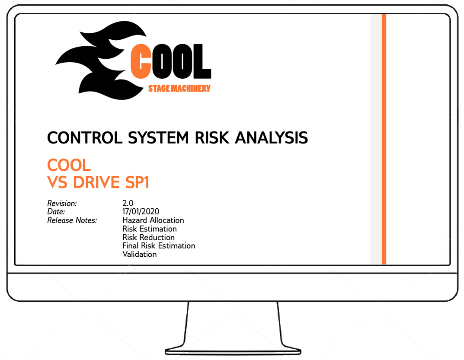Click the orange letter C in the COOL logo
141,61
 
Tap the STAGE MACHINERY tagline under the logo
179,89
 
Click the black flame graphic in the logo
101,61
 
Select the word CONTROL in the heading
85,138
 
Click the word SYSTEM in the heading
158,138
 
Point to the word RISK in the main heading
212,138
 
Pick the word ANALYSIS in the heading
272,138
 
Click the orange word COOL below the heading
69,165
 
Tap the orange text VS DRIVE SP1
98,182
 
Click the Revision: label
62,204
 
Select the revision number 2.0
128,203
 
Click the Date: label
56,212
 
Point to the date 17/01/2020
141,212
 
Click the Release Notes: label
72,220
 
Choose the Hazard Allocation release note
153,220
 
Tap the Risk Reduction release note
149,238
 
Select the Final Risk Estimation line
159,246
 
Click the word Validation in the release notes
140,255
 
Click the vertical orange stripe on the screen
384,139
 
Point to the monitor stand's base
233,351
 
